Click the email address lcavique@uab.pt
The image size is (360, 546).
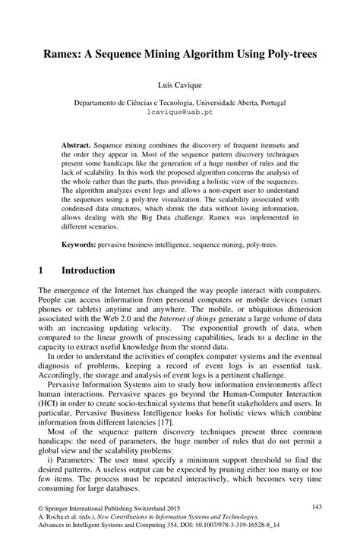point(180,109)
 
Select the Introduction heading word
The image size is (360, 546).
point(88,270)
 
